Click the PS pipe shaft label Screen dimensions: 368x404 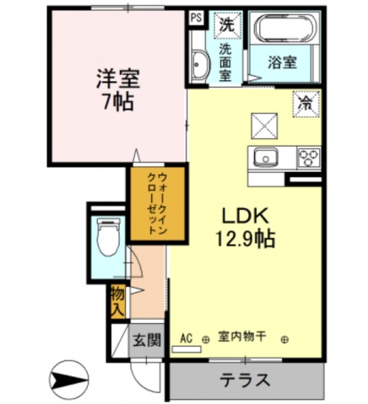pos(196,19)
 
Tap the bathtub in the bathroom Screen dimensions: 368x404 pos(285,28)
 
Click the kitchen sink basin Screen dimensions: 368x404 pos(266,158)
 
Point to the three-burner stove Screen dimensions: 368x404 pos(309,159)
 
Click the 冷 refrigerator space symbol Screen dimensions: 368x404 pos(306,104)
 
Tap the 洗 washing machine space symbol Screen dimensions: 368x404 pos(226,25)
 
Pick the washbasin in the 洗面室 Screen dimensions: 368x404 pos(200,64)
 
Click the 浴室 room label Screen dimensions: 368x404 pos(282,62)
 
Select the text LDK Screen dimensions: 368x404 pos(244,217)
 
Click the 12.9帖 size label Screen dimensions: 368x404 pos(245,240)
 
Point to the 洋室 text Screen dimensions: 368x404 pos(118,79)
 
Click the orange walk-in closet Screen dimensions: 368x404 pos(158,204)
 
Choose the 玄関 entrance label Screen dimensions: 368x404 pos(147,340)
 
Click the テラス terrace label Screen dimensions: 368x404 pos(245,380)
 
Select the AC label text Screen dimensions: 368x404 pos(187,338)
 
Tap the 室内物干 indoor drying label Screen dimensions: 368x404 pos(242,337)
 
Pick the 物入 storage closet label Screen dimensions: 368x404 pos(117,302)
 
